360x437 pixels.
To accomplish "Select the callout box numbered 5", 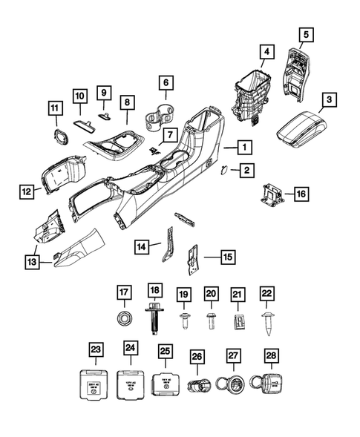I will [x=306, y=33].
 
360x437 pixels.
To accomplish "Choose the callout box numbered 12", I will [x=26, y=192].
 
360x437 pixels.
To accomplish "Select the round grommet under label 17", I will [x=124, y=319].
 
